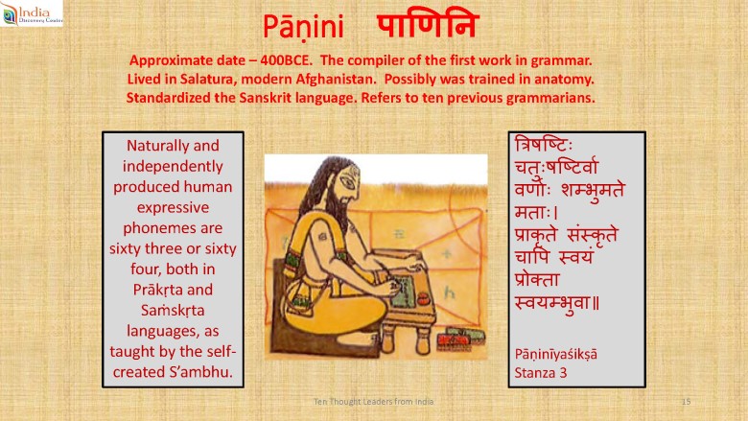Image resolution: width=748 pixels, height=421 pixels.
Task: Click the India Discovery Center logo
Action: tap(32, 12)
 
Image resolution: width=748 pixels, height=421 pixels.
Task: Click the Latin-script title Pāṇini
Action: tap(303, 27)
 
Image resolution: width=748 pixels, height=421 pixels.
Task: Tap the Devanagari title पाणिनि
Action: tap(428, 24)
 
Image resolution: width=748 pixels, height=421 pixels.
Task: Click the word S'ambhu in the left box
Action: tap(200, 372)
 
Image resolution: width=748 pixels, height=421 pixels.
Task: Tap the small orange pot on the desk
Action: tap(423, 299)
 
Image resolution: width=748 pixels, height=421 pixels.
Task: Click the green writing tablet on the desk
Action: tap(402, 290)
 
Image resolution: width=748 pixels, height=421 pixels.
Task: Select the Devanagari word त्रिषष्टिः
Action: tap(544, 144)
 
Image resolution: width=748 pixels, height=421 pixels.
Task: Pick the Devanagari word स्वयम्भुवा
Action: tap(557, 303)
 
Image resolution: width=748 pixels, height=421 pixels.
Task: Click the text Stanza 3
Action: tap(541, 373)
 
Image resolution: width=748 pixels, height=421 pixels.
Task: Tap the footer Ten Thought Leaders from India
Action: tap(374, 402)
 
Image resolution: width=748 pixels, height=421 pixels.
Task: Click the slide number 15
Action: tap(686, 402)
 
